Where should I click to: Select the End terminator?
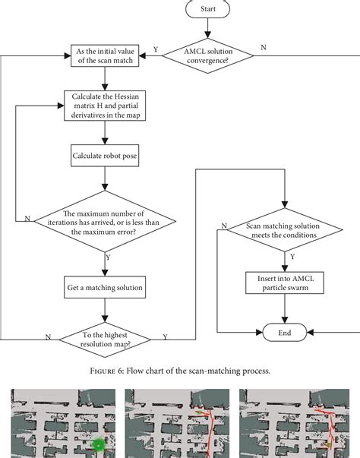pyautogui.click(x=283, y=333)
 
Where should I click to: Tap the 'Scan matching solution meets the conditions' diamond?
pyautogui.click(x=283, y=230)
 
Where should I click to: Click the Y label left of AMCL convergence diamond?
pyautogui.click(x=156, y=48)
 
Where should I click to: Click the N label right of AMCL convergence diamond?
pyautogui.click(x=263, y=48)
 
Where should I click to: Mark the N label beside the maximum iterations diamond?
pyautogui.click(x=27, y=218)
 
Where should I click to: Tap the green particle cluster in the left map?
pyautogui.click(x=98, y=445)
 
